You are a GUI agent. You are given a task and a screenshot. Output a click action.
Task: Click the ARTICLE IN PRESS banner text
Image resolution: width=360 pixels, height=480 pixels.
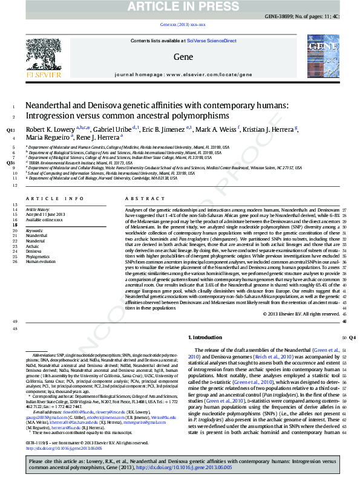pos(180,7)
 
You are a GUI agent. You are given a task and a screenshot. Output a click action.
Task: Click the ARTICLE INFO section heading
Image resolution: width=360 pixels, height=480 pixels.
pos(54,198)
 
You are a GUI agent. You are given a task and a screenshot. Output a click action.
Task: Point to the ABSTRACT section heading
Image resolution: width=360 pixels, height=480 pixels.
pos(140,198)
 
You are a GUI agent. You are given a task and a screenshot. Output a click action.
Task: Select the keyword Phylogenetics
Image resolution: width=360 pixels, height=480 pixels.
pos(38,256)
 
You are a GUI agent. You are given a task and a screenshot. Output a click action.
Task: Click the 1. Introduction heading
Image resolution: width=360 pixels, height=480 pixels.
pos(205,337)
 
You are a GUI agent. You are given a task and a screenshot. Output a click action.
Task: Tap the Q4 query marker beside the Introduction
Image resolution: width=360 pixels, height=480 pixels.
pos(352,338)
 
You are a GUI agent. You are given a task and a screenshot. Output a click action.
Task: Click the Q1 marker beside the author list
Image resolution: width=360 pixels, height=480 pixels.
pos(10,130)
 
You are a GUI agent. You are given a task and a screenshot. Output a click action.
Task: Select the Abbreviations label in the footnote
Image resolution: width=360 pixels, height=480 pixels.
pos(45,355)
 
